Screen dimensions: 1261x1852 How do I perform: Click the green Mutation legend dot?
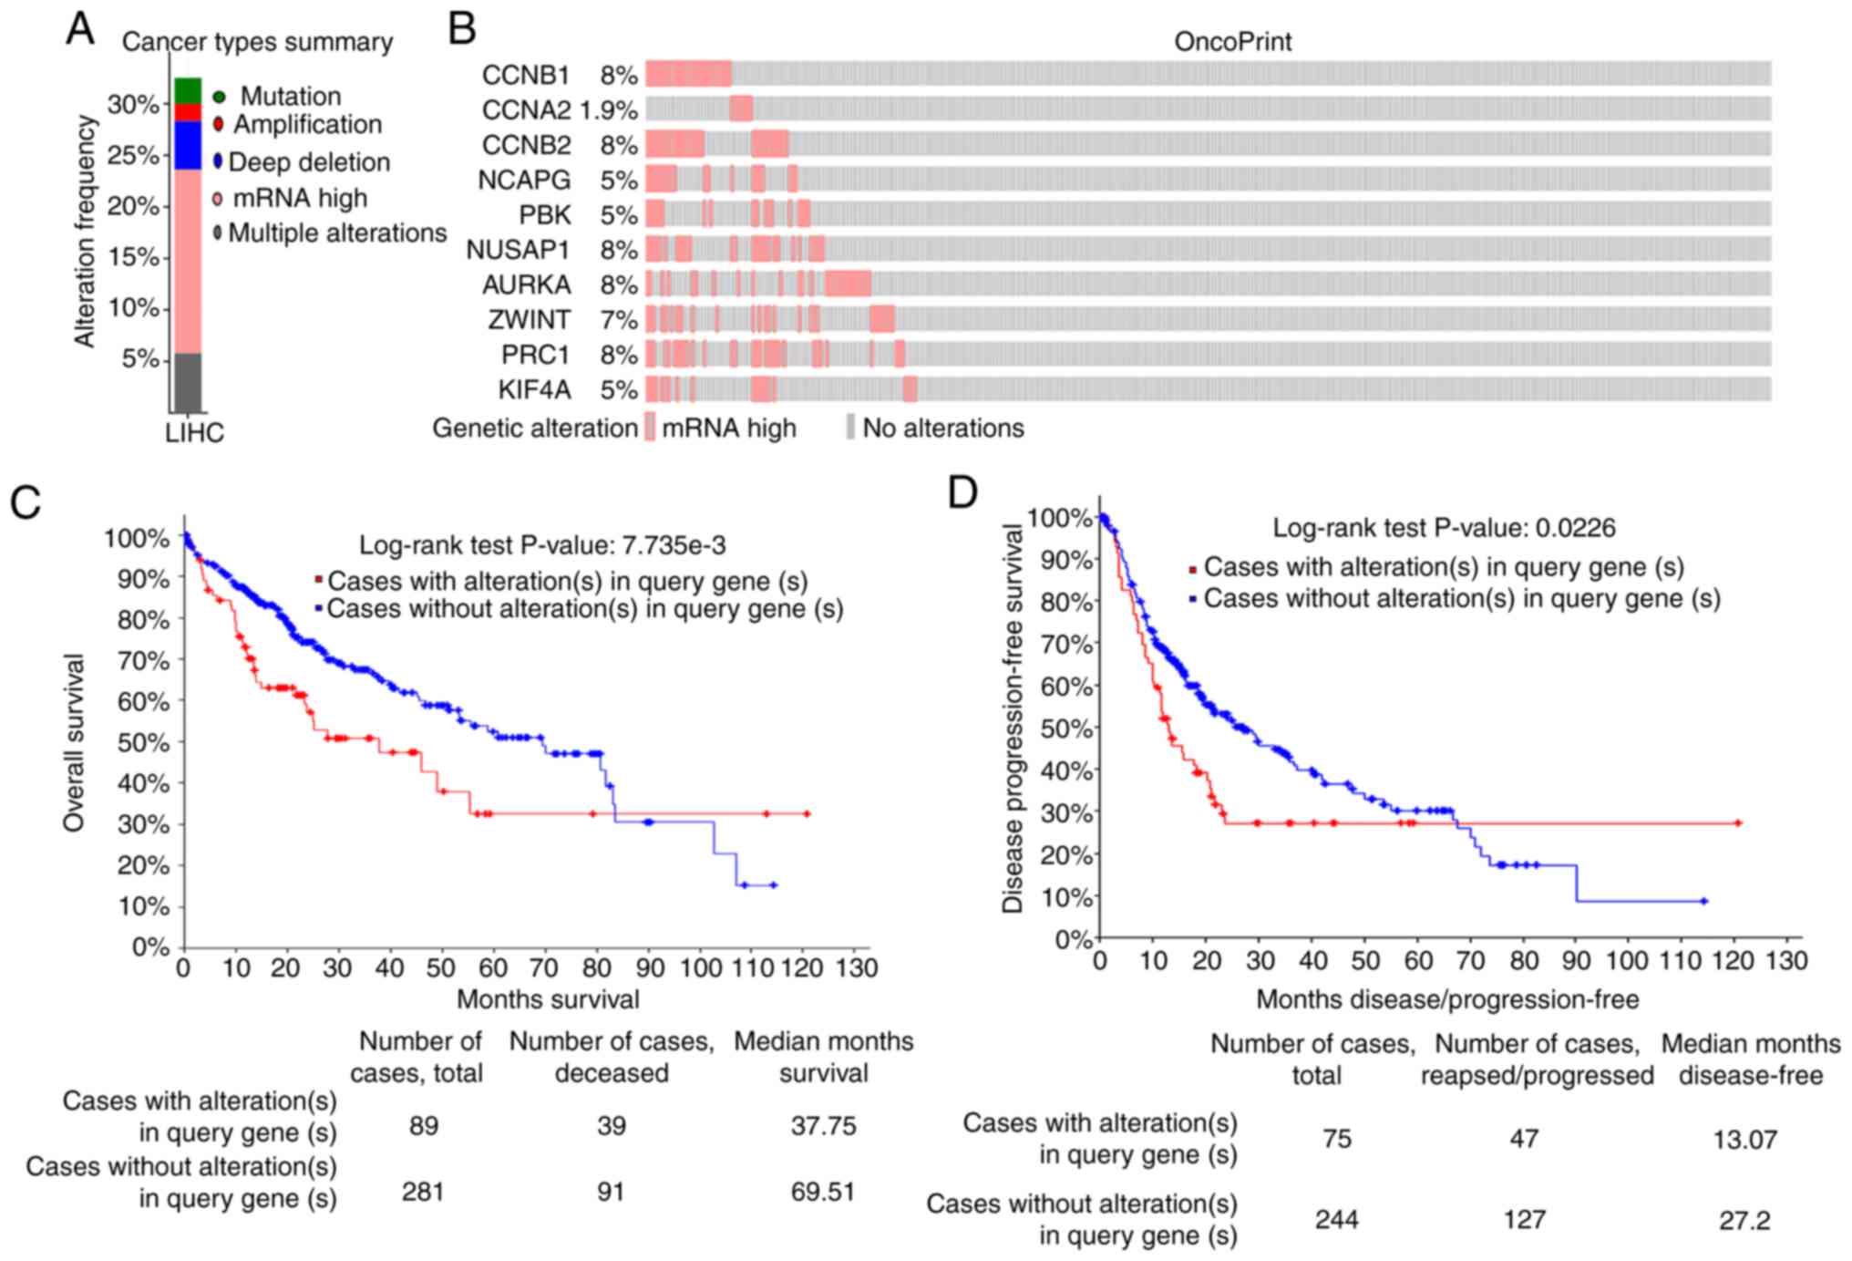click(219, 97)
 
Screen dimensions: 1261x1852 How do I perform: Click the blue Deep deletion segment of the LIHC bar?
click(188, 145)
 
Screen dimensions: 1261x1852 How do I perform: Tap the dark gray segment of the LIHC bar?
click(188, 382)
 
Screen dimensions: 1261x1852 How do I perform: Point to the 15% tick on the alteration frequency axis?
click(133, 257)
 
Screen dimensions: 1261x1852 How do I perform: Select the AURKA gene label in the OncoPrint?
click(526, 285)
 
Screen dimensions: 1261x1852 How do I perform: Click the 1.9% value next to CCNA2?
click(608, 110)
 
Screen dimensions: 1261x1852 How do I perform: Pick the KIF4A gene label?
click(534, 390)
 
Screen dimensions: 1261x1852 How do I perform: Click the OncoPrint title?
click(1232, 42)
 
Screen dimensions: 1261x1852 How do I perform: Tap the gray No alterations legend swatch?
click(850, 427)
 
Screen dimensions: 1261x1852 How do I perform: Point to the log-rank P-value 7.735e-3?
click(674, 545)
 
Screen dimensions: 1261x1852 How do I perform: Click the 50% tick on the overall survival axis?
click(144, 742)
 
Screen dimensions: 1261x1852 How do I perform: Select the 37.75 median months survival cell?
click(823, 1126)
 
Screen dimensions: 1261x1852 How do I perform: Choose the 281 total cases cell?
click(423, 1192)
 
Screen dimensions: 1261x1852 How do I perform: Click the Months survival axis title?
click(548, 999)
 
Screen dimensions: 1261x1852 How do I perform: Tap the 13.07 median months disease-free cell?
click(1744, 1139)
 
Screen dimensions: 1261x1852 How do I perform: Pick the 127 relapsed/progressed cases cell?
click(1524, 1219)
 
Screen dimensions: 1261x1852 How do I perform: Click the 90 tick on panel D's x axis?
click(1576, 960)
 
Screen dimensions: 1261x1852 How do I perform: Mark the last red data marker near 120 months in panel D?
click(1737, 823)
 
